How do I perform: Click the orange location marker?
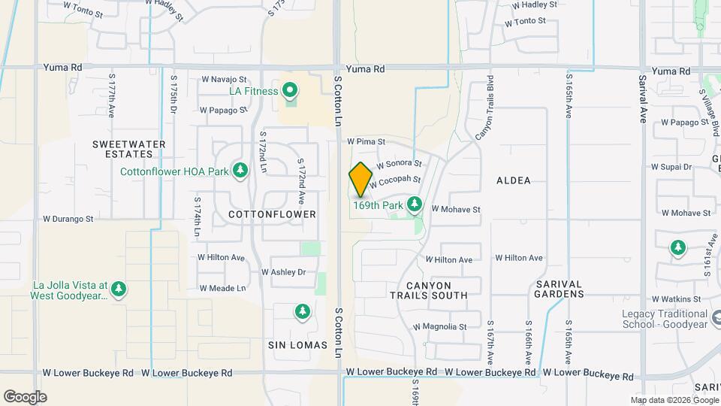pos(360,180)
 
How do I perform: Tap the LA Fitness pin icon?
pos(290,92)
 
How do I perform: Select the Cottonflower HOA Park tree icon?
pos(240,171)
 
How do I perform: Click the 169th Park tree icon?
pos(414,205)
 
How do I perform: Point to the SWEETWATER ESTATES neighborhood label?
pos(123,149)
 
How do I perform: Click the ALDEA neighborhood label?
pos(514,180)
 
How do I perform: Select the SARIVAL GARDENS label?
pos(560,289)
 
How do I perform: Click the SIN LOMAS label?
pos(298,345)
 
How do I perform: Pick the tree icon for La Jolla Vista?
pos(119,288)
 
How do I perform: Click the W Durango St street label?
pos(68,220)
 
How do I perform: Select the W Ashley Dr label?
pos(283,272)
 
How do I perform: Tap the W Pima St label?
pos(366,141)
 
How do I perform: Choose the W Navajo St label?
pos(223,79)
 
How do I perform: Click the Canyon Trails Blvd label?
pos(484,108)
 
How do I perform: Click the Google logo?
pos(25,396)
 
